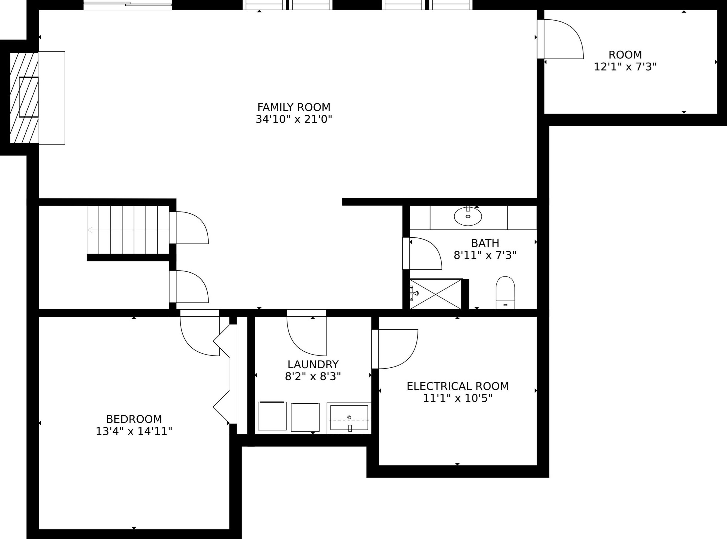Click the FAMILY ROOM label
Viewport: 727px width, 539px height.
(294, 107)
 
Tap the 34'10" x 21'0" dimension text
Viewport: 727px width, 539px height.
(294, 119)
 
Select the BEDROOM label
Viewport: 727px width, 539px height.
(134, 419)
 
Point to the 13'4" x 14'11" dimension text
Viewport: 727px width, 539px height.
(134, 431)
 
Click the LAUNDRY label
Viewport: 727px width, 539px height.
(313, 364)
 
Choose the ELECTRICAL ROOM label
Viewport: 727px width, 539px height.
(457, 386)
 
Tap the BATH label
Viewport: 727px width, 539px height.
(485, 243)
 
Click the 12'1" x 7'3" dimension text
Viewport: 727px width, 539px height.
(625, 67)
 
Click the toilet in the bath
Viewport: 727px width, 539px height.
(505, 292)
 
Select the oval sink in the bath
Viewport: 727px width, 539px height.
(468, 216)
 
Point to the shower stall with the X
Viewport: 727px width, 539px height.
(436, 294)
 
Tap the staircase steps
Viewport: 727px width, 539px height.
(128, 230)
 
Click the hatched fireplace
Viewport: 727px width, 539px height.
(24, 97)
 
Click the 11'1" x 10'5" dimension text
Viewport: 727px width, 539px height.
(457, 398)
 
